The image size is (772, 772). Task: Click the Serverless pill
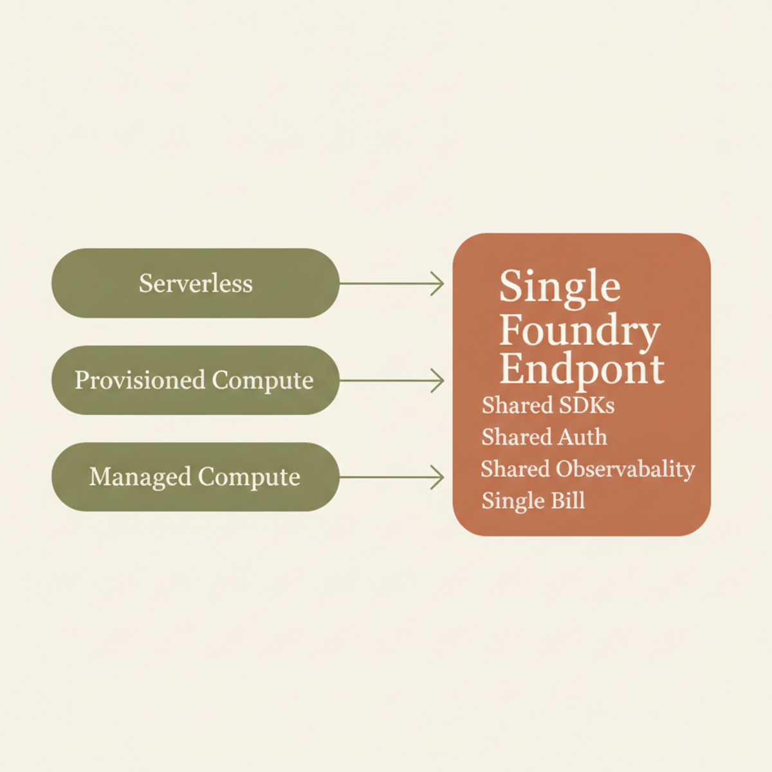coord(196,283)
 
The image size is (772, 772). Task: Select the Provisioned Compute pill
coord(196,380)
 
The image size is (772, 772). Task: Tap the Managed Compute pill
coord(196,477)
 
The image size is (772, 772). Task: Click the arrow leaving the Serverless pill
coord(392,284)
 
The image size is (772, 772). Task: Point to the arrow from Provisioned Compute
coord(392,381)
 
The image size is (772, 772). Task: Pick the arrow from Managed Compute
coord(392,477)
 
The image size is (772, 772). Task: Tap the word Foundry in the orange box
coord(579,332)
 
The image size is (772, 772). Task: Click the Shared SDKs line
coord(548,405)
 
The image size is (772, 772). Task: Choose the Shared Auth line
coord(544,437)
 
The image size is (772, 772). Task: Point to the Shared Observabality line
coord(588,470)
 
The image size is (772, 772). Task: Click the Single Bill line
coord(533,501)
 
